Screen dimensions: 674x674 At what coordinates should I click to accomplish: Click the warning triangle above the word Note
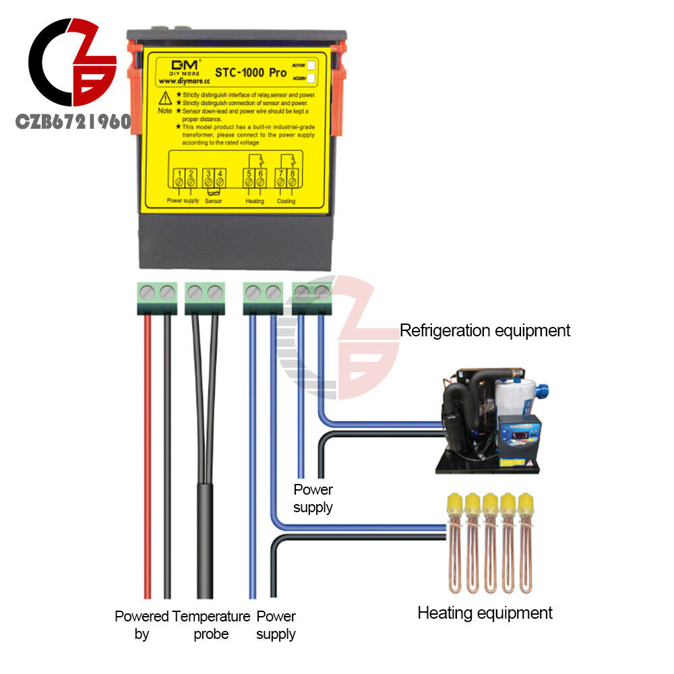(165, 97)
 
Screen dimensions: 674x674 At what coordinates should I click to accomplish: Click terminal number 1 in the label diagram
(179, 178)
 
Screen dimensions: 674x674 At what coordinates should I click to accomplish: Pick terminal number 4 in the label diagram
(220, 178)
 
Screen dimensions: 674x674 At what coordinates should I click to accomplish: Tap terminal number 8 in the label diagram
(292, 178)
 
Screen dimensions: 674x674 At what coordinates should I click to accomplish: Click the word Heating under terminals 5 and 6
(255, 201)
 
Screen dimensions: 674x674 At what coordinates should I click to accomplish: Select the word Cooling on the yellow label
(286, 201)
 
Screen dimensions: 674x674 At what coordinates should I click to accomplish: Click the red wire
(148, 458)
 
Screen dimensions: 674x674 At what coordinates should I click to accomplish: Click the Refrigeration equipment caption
(485, 330)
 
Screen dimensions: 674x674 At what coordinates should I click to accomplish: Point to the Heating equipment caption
(485, 613)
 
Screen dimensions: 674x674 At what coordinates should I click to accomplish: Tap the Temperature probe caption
(211, 625)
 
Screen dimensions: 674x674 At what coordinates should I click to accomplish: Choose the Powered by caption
(142, 625)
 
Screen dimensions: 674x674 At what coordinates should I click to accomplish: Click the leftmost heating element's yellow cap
(454, 502)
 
